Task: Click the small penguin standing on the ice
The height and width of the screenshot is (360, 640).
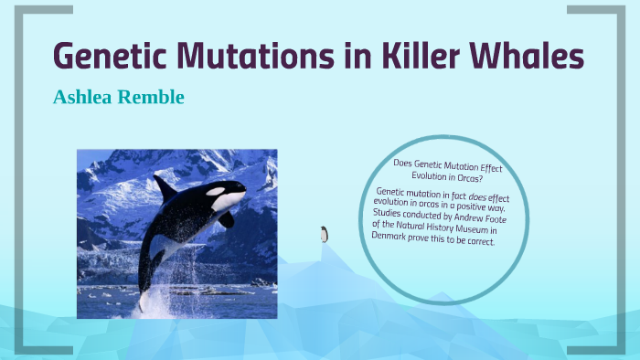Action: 324,234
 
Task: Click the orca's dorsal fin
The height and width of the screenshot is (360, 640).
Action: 165,188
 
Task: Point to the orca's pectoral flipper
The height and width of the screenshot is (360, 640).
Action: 225,219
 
